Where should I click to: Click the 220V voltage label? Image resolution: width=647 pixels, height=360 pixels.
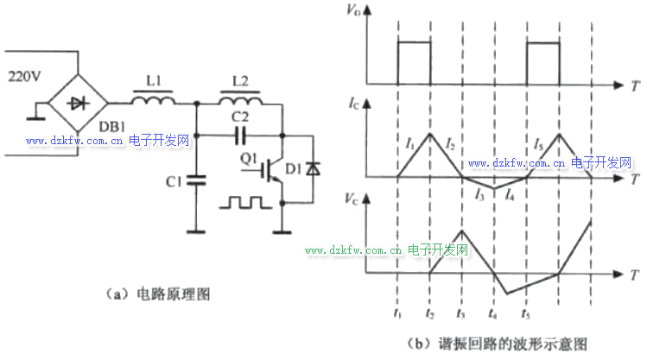click(x=24, y=76)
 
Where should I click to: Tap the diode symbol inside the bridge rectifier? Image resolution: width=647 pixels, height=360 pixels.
click(x=78, y=103)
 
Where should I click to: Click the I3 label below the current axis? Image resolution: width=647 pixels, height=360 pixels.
click(x=479, y=194)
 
